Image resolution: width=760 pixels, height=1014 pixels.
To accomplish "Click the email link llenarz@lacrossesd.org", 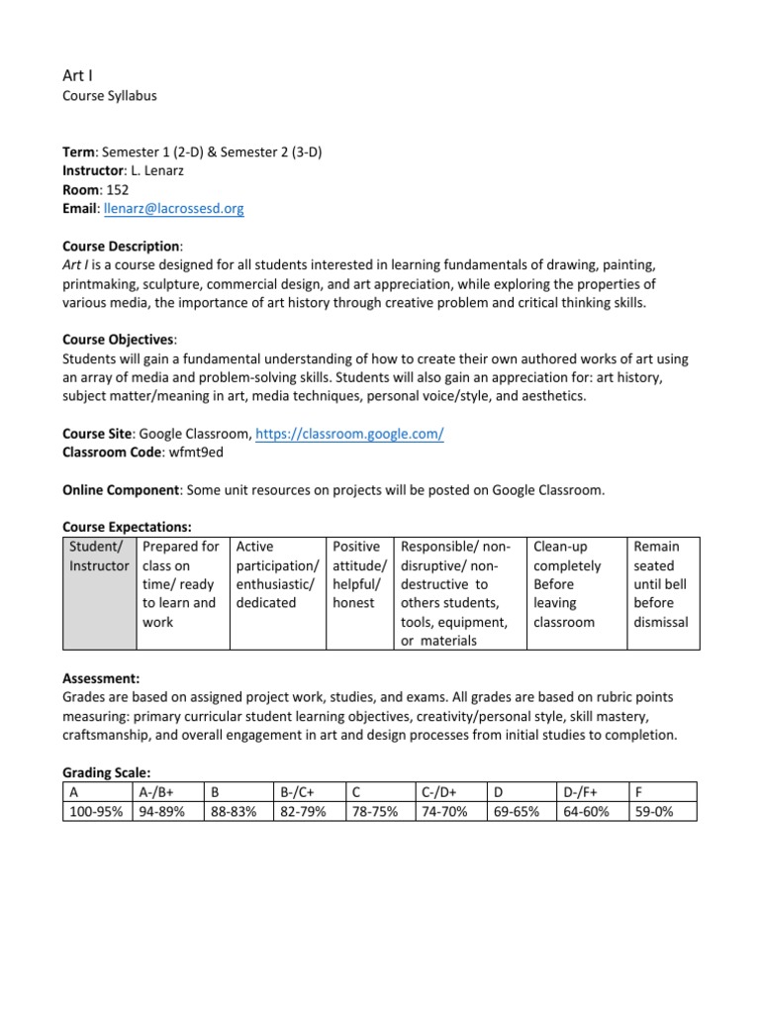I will pyautogui.click(x=173, y=209).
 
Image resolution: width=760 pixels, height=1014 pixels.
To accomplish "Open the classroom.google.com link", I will pyautogui.click(x=349, y=433).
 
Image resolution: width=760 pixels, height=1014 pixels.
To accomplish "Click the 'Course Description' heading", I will pyautogui.click(x=122, y=247).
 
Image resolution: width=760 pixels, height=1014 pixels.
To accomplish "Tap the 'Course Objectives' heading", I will pyautogui.click(x=118, y=340).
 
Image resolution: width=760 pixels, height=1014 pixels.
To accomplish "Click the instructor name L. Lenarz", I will pyautogui.click(x=159, y=171).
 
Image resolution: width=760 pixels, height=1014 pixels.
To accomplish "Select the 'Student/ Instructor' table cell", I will pyautogui.click(x=99, y=556).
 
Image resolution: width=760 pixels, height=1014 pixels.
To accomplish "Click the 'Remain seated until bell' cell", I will pyautogui.click(x=661, y=584).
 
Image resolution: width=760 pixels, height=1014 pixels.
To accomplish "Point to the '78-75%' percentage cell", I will pyautogui.click(x=375, y=812).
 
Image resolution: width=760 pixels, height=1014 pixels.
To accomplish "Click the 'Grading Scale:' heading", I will pyautogui.click(x=108, y=772).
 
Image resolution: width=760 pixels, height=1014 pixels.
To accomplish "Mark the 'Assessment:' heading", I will pyautogui.click(x=101, y=678).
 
